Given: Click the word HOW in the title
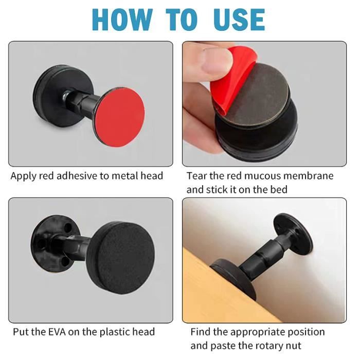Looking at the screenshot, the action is coord(122,20).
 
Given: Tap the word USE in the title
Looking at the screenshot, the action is coord(239,20).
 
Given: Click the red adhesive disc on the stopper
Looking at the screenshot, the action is coord(120,117).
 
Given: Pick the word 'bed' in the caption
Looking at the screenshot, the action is coord(279,190).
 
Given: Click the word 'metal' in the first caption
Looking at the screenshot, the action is coord(124,176).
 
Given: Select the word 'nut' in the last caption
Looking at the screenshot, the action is coord(294,346).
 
